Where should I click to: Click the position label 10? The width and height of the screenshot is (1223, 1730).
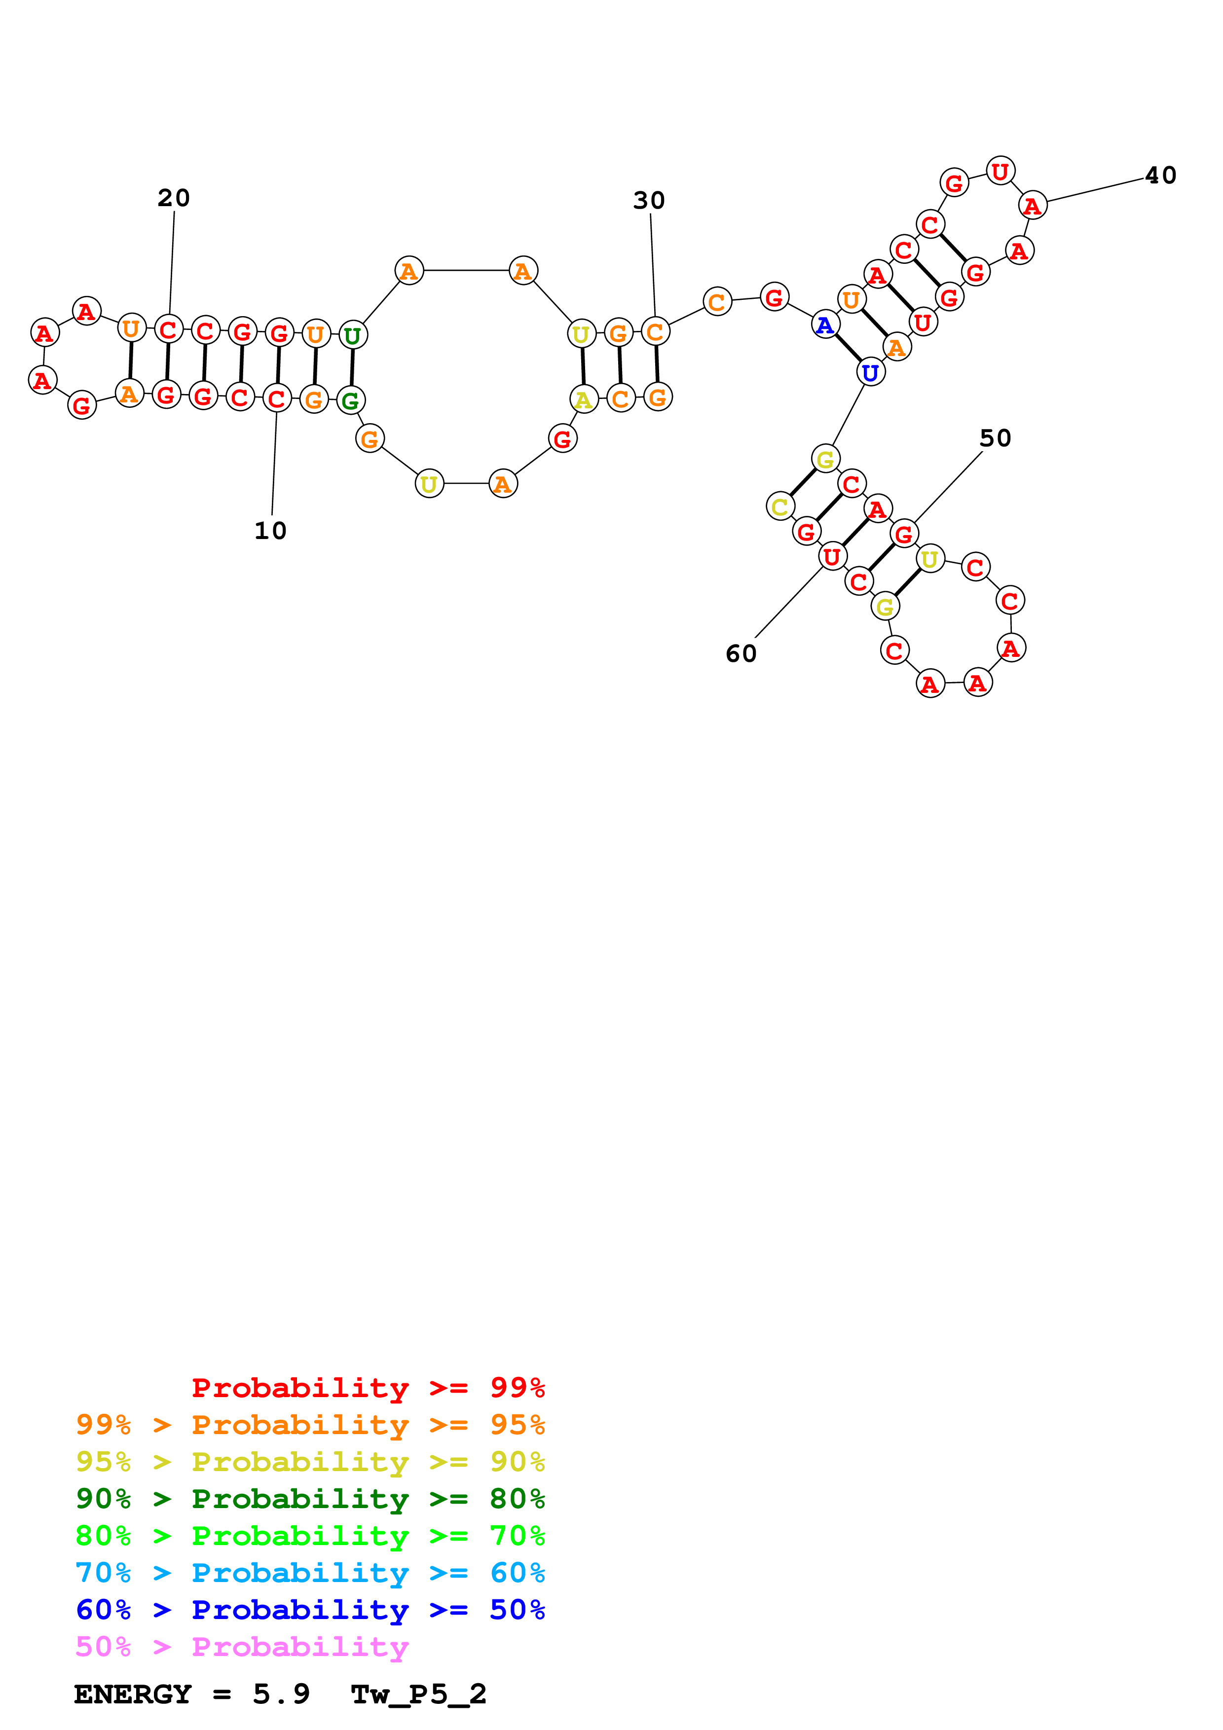pos(270,531)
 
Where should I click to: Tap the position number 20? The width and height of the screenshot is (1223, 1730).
pos(173,198)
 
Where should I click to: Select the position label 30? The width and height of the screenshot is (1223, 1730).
pos(649,200)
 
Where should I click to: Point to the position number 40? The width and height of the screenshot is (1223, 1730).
pos(1160,176)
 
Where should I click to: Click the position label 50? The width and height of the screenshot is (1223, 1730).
pos(995,438)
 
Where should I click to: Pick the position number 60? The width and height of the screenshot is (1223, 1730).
pos(741,653)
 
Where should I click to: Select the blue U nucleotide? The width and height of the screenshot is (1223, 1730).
pos(870,372)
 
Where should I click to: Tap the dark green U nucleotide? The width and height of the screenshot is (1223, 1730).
pos(352,334)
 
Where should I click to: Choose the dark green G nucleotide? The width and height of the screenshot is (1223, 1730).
pos(350,401)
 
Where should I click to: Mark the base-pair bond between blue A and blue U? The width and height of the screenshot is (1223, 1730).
pos(848,348)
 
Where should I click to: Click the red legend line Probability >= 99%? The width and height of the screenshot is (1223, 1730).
pos(368,1387)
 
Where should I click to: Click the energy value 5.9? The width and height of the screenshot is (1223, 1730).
pos(281,1694)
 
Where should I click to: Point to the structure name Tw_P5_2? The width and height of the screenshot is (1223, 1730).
pos(418,1694)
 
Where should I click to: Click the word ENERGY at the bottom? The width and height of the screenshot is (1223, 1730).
pos(133,1694)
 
